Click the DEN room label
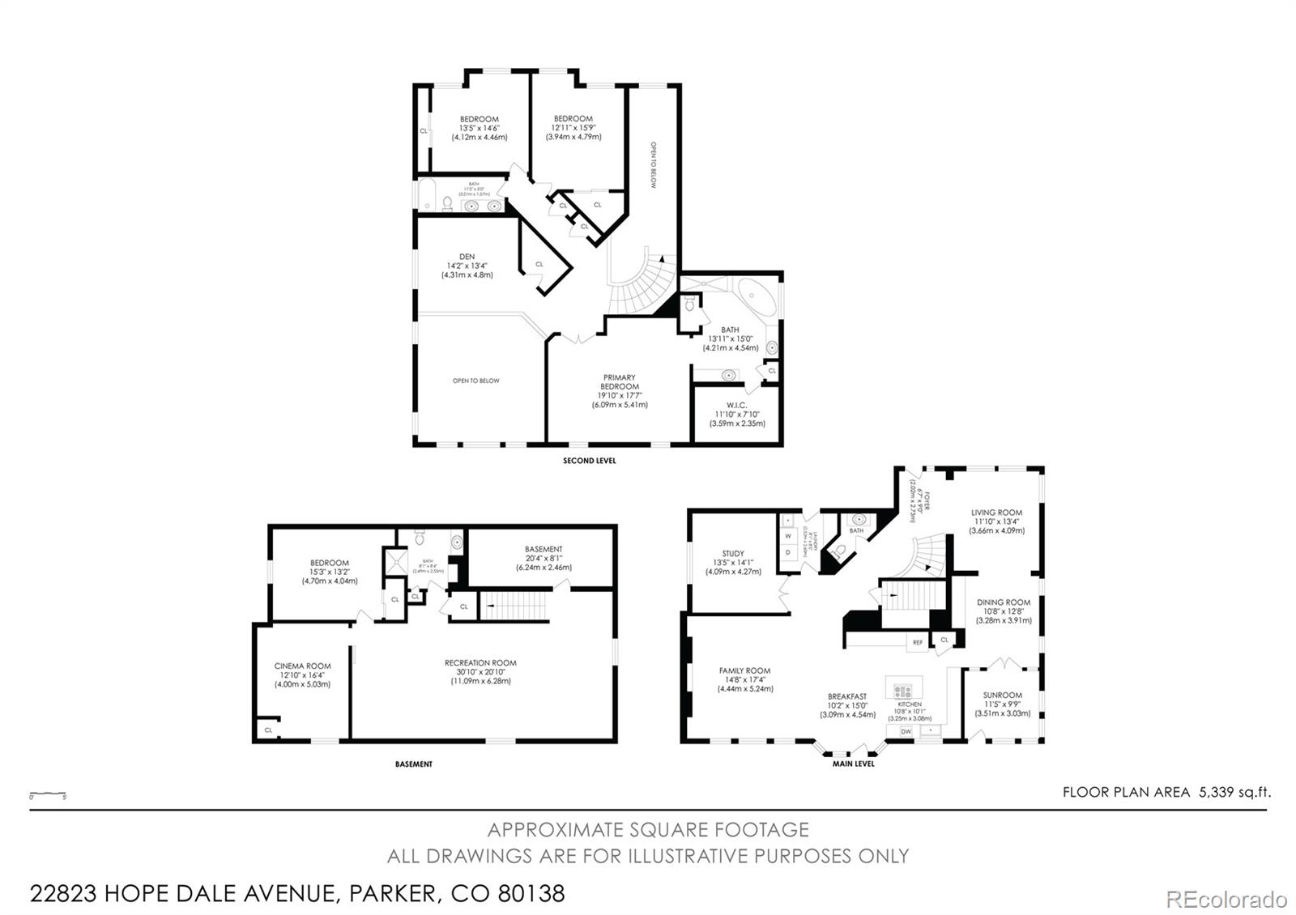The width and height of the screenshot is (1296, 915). (467, 257)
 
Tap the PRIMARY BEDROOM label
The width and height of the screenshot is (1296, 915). (619, 382)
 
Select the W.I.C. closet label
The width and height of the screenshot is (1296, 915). (736, 406)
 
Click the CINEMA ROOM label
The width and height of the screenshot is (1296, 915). (302, 666)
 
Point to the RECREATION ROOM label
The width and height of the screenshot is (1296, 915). (480, 663)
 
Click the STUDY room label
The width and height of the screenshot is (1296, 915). (733, 555)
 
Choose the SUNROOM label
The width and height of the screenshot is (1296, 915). (1002, 696)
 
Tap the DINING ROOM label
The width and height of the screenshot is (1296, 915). (1004, 602)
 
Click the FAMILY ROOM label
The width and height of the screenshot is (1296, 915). (744, 671)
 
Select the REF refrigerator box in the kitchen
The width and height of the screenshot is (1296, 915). (917, 642)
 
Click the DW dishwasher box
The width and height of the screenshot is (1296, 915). (906, 731)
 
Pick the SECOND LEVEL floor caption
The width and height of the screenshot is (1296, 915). (589, 461)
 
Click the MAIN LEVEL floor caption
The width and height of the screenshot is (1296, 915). (853, 764)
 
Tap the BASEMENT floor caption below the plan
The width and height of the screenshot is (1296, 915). (413, 764)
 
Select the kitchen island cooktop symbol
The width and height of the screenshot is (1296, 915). (902, 692)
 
